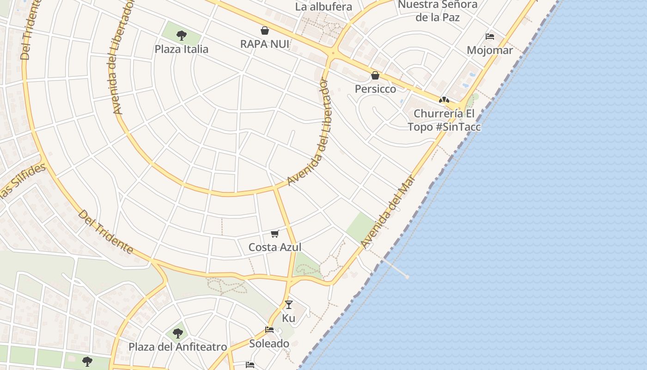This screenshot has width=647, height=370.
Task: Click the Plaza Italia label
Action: click(x=181, y=49)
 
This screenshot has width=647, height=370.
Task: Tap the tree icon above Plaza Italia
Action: click(x=182, y=35)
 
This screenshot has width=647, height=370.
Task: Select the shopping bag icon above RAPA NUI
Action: click(x=265, y=31)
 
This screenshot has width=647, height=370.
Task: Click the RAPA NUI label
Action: click(x=265, y=44)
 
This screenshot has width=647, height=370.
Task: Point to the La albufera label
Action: click(x=323, y=7)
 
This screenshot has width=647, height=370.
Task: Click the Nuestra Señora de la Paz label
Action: click(x=437, y=11)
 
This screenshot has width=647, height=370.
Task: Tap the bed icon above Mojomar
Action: click(x=490, y=37)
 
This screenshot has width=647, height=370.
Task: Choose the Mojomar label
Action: click(x=490, y=50)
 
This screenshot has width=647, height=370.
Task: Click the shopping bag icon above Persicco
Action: click(x=375, y=75)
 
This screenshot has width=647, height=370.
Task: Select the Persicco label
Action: click(x=375, y=89)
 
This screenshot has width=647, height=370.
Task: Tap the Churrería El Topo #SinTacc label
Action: click(x=444, y=120)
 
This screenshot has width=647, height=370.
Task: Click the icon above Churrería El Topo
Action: click(x=444, y=100)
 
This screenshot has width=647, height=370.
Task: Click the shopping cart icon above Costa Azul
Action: click(x=275, y=234)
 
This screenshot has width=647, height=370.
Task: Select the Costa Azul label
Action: click(x=275, y=247)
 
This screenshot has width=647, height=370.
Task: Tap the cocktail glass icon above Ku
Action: click(x=289, y=304)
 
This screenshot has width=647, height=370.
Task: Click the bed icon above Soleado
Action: click(x=269, y=330)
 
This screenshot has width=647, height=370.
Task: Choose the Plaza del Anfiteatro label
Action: click(x=178, y=347)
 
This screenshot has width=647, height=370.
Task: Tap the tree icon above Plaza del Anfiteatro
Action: click(x=178, y=333)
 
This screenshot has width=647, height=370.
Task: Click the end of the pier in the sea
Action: click(x=407, y=277)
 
